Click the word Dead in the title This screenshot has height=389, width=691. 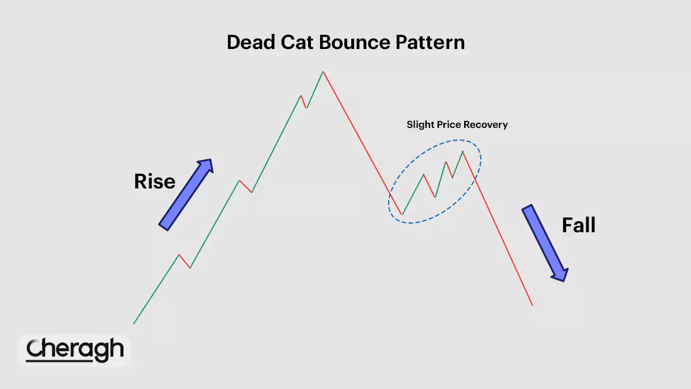tap(251, 42)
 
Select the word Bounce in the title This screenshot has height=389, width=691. tap(355, 42)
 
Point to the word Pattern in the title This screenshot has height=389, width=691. tap(430, 42)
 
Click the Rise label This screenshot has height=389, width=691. tap(154, 181)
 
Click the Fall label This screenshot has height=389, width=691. tap(579, 225)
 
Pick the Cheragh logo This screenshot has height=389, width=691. tap(75, 350)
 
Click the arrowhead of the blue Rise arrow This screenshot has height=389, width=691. tap(205, 166)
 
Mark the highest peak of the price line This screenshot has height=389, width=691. tap(323, 71)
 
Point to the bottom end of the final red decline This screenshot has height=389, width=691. tap(533, 305)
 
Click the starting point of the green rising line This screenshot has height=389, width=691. tap(134, 323)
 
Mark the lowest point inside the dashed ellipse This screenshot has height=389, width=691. tap(402, 214)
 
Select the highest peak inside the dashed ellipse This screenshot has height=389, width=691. tap(463, 151)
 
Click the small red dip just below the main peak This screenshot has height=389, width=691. tap(304, 102)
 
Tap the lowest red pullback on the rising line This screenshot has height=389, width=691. tap(184, 261)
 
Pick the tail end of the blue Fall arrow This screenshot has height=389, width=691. tap(527, 207)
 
